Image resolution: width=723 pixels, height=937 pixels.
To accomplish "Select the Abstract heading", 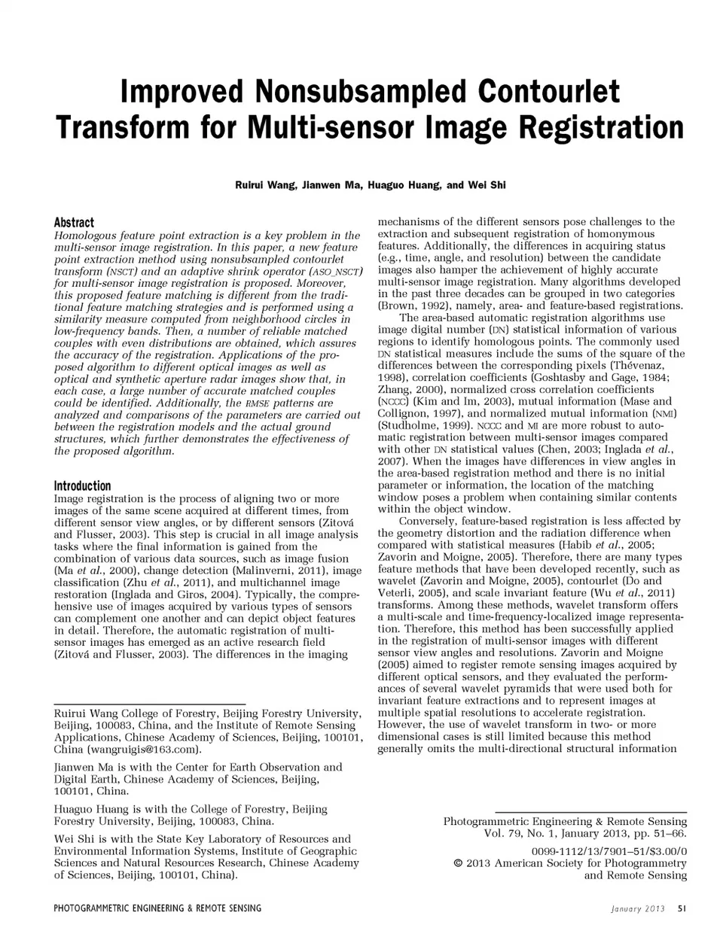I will coord(74,222).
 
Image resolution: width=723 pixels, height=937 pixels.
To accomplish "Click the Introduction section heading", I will coord(82,485).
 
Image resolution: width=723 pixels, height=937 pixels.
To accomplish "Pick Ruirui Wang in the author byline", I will coord(255,184).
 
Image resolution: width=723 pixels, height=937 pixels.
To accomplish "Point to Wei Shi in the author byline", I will coord(487,184).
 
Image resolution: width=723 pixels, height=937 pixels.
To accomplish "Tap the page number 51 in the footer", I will coord(682,908).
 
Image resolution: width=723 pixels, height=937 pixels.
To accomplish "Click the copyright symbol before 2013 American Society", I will coord(458,863).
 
